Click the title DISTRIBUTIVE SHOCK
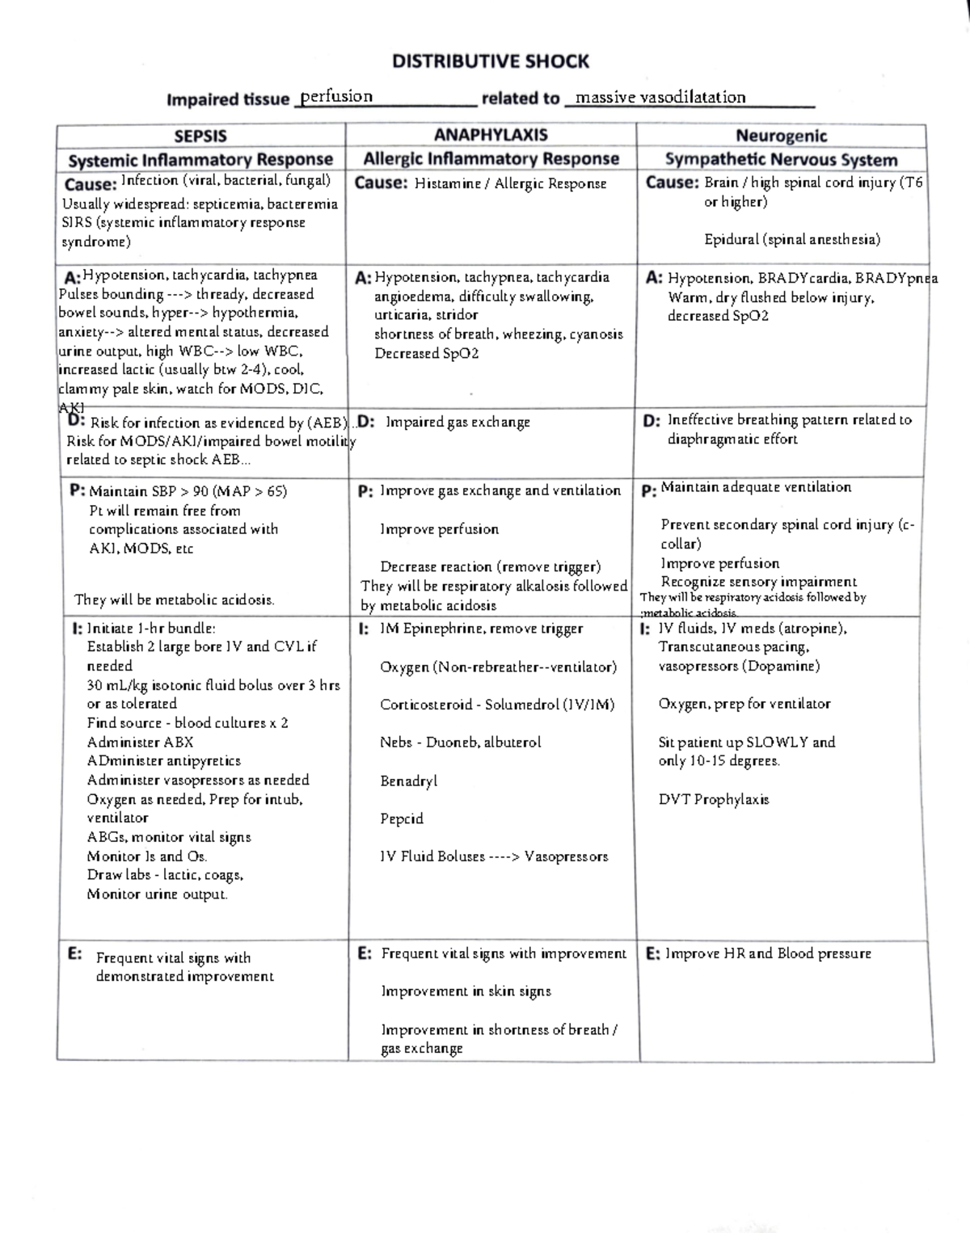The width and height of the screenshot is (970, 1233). tap(490, 61)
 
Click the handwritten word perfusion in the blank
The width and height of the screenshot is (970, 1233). tap(336, 97)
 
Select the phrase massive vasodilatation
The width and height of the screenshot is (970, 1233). tap(660, 98)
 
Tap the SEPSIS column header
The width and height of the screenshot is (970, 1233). tap(200, 136)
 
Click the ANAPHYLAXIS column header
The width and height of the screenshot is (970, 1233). tap(491, 135)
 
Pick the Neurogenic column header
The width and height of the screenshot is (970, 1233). tap(781, 136)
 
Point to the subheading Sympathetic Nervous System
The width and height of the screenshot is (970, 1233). tap(781, 159)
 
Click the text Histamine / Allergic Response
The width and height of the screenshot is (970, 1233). tap(510, 184)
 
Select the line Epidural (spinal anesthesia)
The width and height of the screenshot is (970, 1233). tap(792, 239)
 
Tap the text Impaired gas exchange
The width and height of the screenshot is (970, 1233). tap(458, 422)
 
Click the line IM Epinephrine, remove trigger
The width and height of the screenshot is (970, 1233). tap(481, 629)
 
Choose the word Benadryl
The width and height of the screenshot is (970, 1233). tap(408, 781)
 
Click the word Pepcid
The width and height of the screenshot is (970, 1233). tap(402, 818)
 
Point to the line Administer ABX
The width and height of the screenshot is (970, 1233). tap(140, 742)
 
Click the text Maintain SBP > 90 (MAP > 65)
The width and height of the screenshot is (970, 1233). tap(188, 491)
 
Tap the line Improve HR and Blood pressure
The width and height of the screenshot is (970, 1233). tap(768, 953)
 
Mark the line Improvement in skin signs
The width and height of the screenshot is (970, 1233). tap(466, 991)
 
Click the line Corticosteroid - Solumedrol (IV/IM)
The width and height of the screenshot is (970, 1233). tap(497, 705)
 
